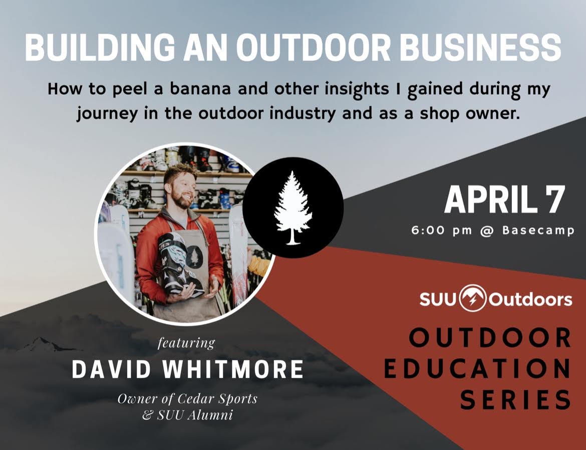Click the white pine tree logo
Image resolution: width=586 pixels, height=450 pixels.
pyautogui.click(x=293, y=208)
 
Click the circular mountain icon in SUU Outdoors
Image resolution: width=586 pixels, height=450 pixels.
pyautogui.click(x=473, y=299)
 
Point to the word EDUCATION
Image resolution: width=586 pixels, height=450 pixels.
pyautogui.click(x=477, y=369)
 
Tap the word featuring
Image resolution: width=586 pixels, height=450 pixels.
pyautogui.click(x=186, y=343)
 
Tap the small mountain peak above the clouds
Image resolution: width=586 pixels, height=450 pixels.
pyautogui.click(x=40, y=343)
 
